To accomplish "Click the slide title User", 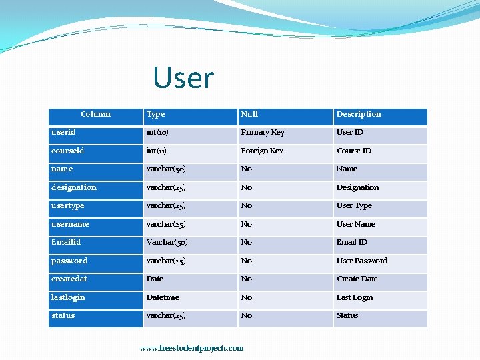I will [x=183, y=78].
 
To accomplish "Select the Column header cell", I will [x=95, y=114].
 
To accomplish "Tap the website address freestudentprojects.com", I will [x=191, y=348].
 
